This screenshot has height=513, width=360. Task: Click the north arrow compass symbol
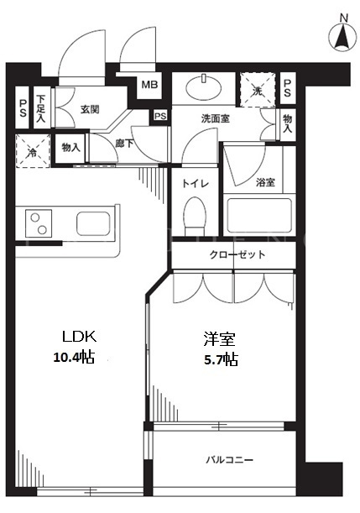pos(342,35)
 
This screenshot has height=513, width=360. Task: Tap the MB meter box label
pos(149,85)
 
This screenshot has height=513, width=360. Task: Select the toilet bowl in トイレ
pos(196,216)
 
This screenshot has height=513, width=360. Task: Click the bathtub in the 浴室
pos(259,215)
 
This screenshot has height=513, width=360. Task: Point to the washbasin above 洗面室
pos(204,87)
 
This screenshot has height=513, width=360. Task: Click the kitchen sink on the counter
pos(93,223)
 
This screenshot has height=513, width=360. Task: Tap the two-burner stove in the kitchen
pos(39,223)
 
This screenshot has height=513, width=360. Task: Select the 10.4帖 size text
pos(74,357)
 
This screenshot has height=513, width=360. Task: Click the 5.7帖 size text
pos(221,359)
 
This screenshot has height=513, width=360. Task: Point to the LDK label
pos(80,337)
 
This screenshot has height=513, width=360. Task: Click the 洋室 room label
pos(219,339)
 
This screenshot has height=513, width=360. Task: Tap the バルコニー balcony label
pos(230,460)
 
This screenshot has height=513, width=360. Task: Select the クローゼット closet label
pos(237,254)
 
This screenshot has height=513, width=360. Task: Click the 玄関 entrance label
pos(90,109)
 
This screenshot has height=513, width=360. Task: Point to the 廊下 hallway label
pos(124,143)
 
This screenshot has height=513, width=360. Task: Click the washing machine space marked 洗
pos(258,90)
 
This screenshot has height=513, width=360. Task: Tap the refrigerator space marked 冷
pos(33,151)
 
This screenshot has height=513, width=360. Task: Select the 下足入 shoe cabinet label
pos(41,108)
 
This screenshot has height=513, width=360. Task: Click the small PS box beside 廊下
pos(160,116)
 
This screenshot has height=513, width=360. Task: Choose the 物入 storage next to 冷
pos(71,148)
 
